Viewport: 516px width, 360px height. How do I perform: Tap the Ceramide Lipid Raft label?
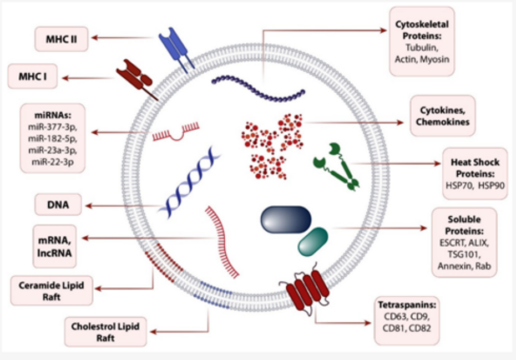click(51, 291)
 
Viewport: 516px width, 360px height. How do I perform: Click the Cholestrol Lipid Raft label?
click(105, 332)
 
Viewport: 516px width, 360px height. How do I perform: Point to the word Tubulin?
click(422, 49)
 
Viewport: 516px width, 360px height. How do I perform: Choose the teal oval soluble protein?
click(312, 242)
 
